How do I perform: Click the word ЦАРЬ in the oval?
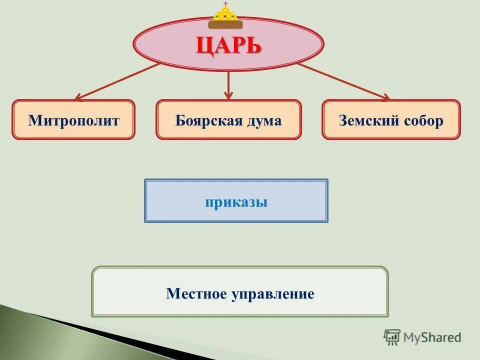[228, 46]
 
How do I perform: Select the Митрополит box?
[73, 120]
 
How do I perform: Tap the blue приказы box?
[236, 201]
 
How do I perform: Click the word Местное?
[196, 293]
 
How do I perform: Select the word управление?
[272, 293]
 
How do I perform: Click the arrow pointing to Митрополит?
[118, 81]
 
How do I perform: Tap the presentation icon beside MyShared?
[392, 337]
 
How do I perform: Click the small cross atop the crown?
[225, 3]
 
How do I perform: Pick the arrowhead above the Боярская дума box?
[228, 95]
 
